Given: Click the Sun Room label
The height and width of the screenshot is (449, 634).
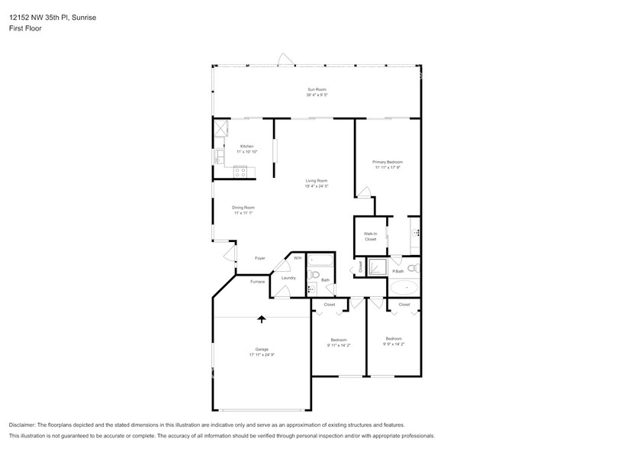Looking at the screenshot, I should tap(317, 89).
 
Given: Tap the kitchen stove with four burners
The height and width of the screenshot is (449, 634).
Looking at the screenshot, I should tap(241, 172).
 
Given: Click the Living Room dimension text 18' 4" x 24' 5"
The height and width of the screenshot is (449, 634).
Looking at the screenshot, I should tap(317, 186).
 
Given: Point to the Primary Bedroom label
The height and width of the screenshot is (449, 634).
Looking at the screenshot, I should tap(387, 162).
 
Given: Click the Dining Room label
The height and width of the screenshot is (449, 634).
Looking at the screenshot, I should tap(243, 207).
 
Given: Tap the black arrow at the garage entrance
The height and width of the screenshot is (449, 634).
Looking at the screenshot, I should tap(262, 320).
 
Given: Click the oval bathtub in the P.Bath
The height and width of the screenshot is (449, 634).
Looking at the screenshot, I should tap(404, 289).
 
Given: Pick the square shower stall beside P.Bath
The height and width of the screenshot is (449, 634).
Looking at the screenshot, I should tap(377, 267).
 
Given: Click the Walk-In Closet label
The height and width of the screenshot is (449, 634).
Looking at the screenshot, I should tap(370, 237).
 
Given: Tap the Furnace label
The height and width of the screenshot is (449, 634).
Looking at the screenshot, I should tap(258, 282).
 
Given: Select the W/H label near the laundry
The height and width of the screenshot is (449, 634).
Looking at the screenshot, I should tap(298, 258).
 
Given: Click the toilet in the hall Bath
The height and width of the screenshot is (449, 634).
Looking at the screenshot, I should tap(312, 289).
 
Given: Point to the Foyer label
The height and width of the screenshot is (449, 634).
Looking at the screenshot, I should tap(259, 258).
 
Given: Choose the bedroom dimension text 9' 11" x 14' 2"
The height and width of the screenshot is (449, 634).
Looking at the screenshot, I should tap(339, 345).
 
